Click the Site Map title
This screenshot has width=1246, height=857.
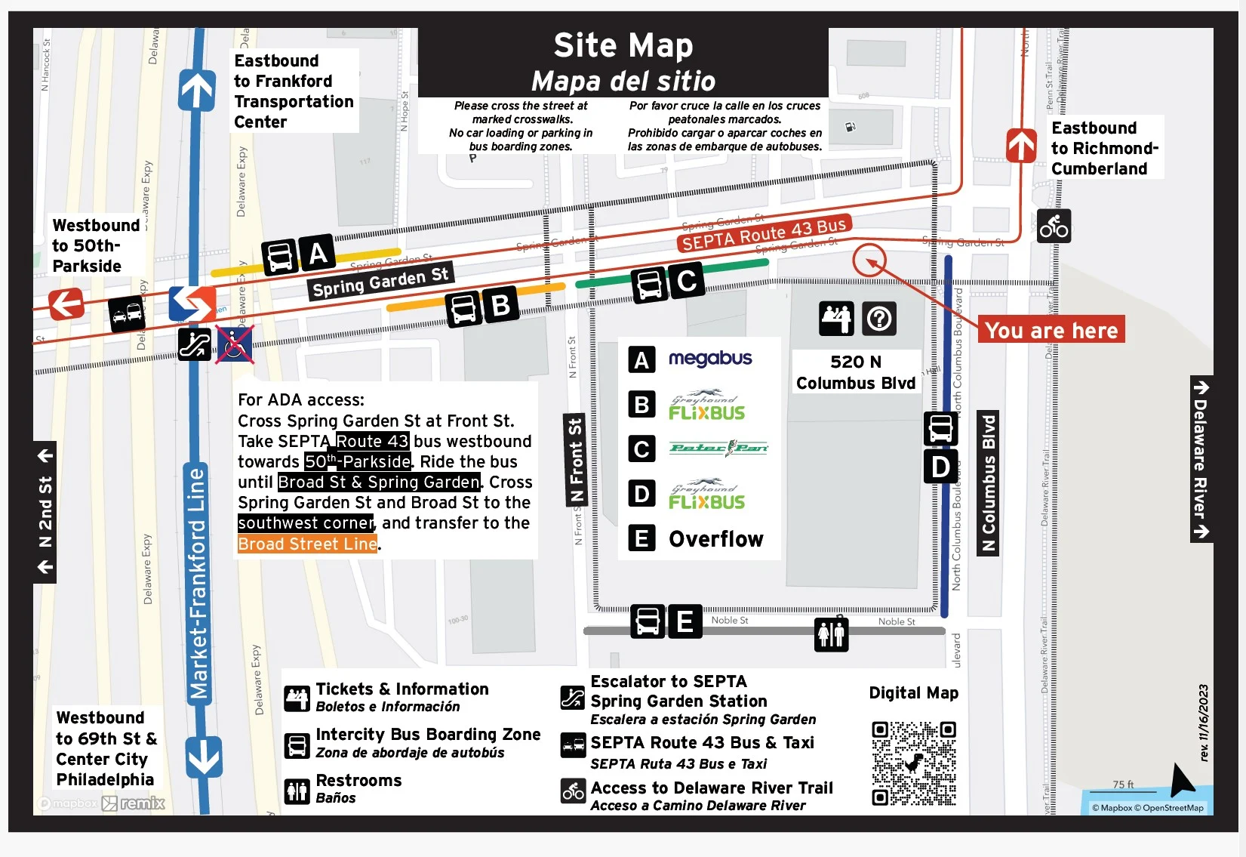tap(623, 45)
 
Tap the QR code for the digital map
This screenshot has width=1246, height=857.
tap(913, 763)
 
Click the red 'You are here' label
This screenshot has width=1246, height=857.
tap(1051, 330)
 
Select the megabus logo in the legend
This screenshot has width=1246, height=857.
tap(710, 358)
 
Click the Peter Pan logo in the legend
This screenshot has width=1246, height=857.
tap(718, 448)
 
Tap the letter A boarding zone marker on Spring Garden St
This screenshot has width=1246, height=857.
tap(318, 253)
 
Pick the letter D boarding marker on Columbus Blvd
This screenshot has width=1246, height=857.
tap(940, 467)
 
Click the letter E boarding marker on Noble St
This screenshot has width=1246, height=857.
tap(685, 621)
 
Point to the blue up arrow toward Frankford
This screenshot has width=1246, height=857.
tap(197, 90)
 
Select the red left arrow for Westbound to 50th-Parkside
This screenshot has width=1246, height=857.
tap(66, 304)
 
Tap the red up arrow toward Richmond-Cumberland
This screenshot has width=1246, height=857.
tap(1021, 145)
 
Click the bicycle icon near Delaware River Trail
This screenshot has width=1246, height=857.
tap(1054, 226)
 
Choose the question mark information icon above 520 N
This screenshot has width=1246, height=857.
tap(878, 319)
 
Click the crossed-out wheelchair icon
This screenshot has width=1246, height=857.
tap(235, 344)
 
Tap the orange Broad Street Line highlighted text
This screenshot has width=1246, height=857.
tap(307, 544)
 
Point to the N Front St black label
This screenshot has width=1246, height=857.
tap(575, 461)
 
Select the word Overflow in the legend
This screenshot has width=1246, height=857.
tap(715, 538)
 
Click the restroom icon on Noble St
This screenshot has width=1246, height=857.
tap(831, 634)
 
